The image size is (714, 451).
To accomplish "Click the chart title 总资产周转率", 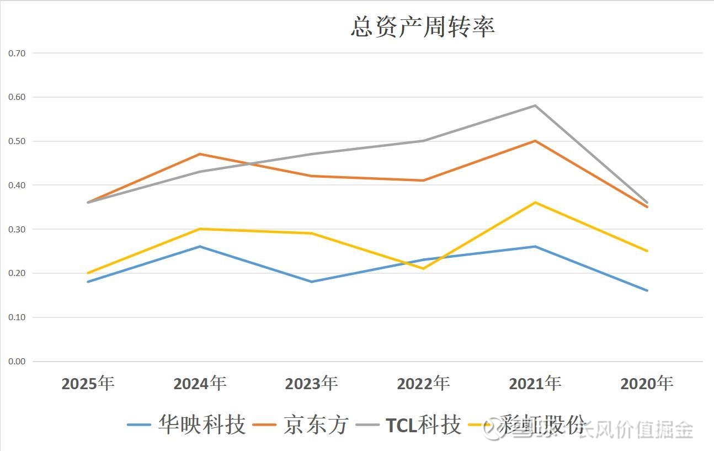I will point(423,27).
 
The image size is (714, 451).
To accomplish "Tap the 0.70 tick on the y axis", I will point(17,54).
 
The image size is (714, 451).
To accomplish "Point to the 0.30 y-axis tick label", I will point(17,229).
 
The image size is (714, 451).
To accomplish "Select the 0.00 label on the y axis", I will point(17,362).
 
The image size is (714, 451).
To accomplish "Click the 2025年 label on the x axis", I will point(88,383).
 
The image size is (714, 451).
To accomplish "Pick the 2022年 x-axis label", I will point(423,383).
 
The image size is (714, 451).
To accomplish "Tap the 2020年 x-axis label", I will point(647,383).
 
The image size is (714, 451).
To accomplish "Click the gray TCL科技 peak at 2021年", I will point(535,105).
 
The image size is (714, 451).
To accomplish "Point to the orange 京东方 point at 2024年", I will point(200,154).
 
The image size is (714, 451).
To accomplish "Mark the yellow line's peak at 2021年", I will point(535,203).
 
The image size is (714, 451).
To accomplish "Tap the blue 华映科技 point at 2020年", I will point(647,290).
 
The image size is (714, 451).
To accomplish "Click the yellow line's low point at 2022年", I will point(423,269).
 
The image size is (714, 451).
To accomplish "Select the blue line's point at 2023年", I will point(312,282).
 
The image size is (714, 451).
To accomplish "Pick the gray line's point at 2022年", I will point(423,141).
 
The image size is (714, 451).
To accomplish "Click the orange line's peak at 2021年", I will point(535,141).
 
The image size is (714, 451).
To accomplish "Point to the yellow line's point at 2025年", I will point(88,273).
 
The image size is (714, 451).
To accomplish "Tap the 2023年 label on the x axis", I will point(312,383).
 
